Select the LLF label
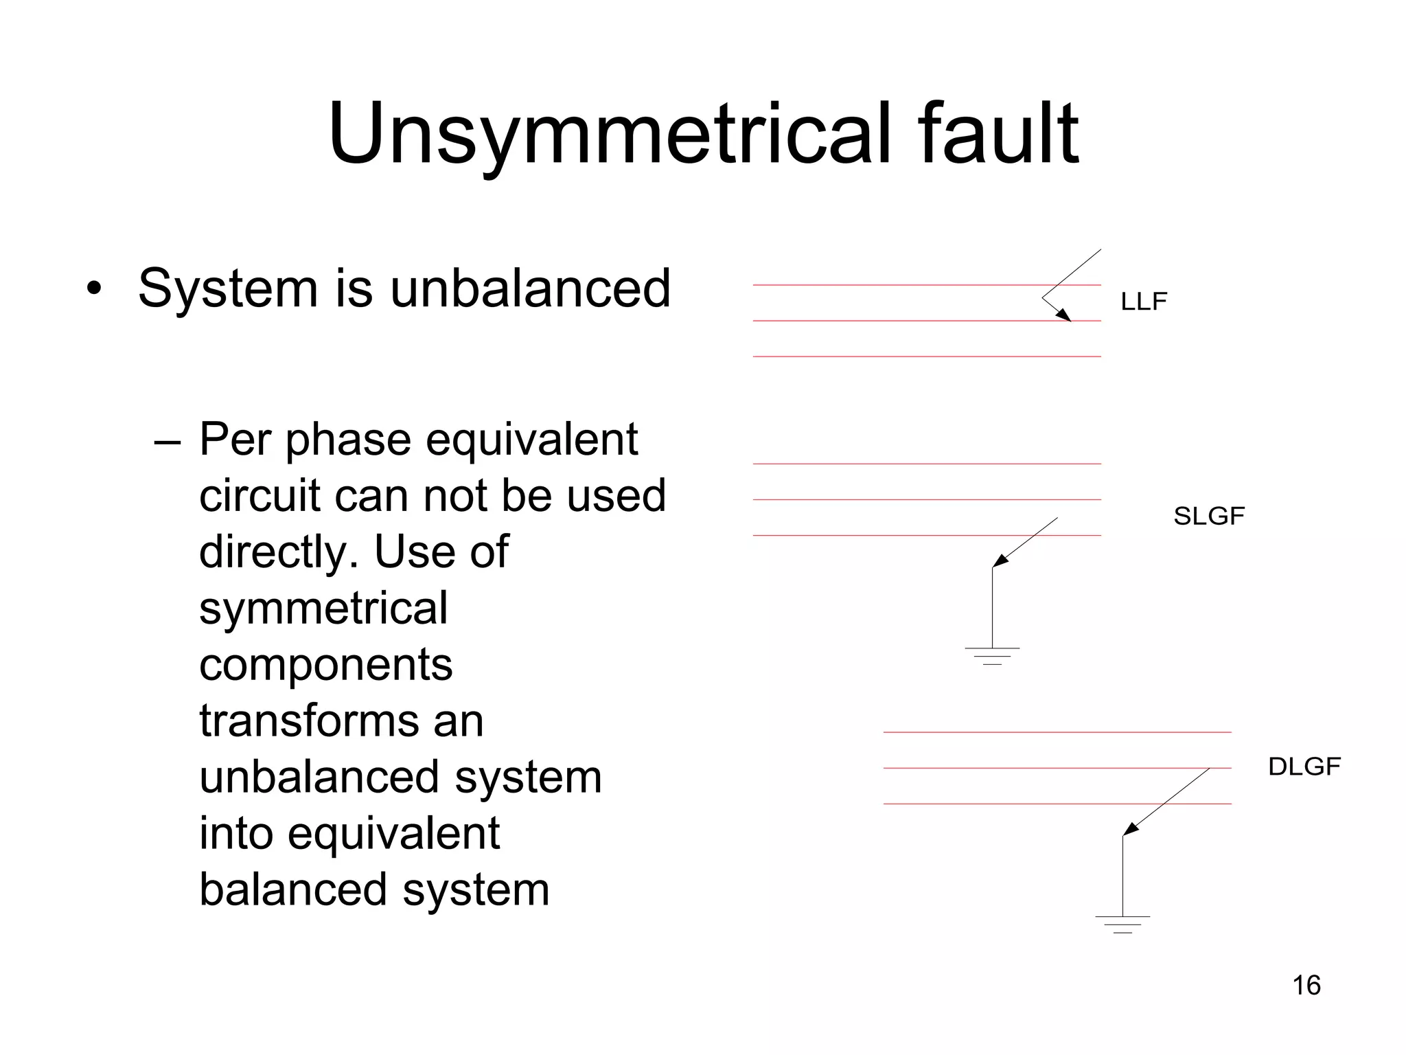pyautogui.click(x=1144, y=302)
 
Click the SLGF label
pyautogui.click(x=1209, y=516)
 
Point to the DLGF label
pyautogui.click(x=1304, y=767)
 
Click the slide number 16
pyautogui.click(x=1306, y=985)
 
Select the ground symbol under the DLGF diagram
pyautogui.click(x=1122, y=924)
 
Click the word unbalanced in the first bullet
pyautogui.click(x=530, y=288)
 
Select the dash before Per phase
pyautogui.click(x=168, y=440)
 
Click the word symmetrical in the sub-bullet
pyautogui.click(x=323, y=608)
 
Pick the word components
pyautogui.click(x=326, y=664)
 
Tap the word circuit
pyautogui.click(x=260, y=495)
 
